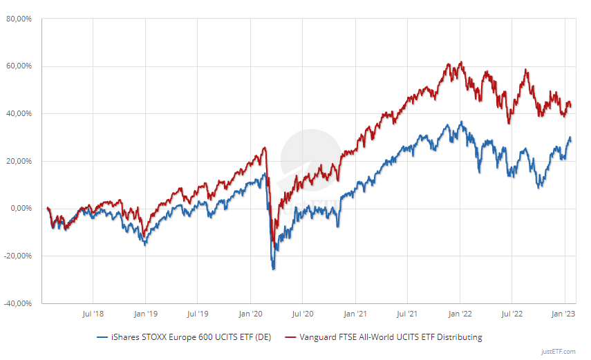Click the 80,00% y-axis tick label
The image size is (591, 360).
click(19, 19)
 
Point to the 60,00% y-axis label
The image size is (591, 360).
click(19, 66)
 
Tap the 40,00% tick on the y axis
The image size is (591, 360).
click(19, 113)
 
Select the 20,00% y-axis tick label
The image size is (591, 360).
click(19, 161)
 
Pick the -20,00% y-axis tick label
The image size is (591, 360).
click(17, 256)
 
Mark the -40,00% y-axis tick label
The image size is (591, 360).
click(17, 303)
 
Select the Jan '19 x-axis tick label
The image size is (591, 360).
click(145, 314)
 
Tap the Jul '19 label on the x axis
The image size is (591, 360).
click(197, 314)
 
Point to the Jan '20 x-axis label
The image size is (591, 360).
click(250, 314)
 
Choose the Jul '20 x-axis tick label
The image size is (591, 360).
click(303, 314)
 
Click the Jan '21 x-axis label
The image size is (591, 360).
click(355, 314)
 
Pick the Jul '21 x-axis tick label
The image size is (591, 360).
click(407, 314)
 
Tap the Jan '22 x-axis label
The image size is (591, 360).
click(460, 314)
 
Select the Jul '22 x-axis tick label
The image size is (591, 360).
click(512, 314)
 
